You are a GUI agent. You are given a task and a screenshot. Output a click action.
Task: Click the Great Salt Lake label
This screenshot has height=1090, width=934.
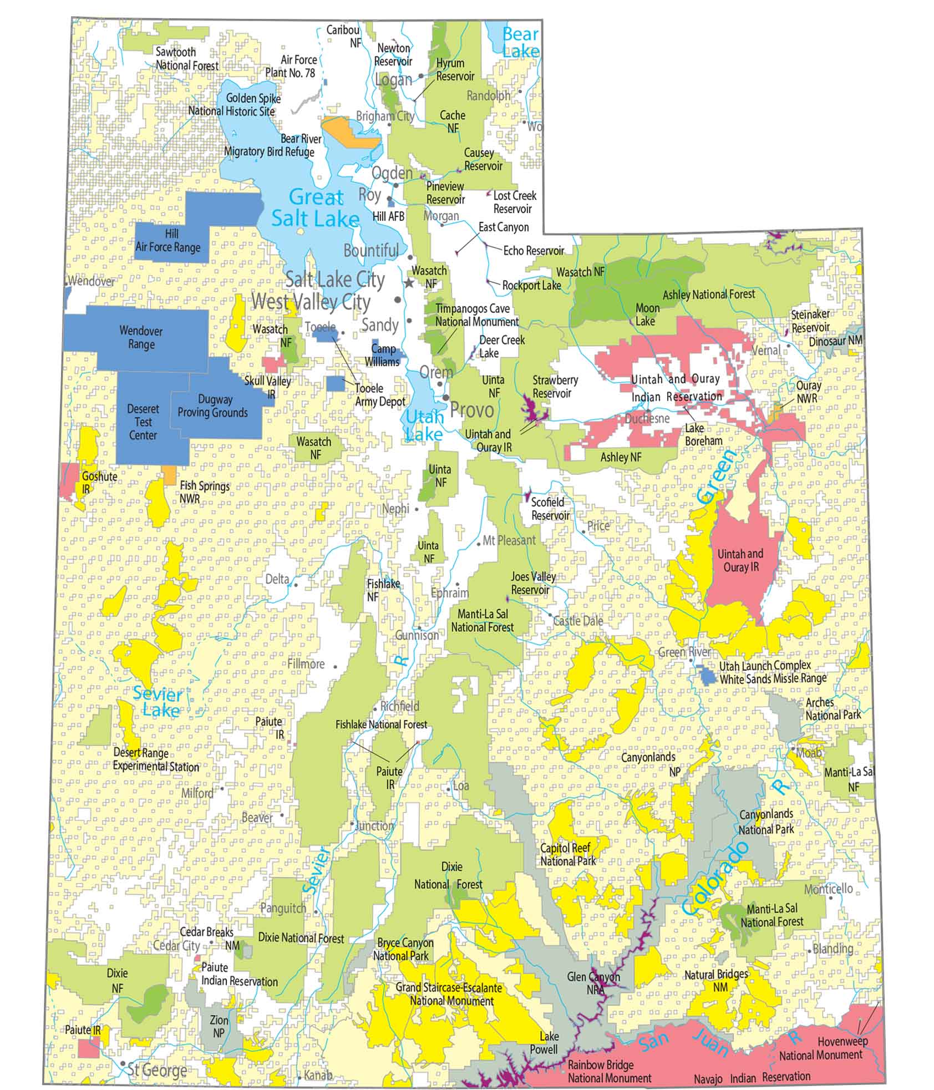316,208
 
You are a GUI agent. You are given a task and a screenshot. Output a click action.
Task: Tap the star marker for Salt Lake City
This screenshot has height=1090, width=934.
409,283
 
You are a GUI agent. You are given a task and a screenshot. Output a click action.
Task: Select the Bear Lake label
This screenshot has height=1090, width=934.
521,42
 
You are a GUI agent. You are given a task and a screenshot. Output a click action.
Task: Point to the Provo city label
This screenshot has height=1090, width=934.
471,410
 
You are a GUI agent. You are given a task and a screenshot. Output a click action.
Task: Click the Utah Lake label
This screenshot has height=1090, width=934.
424,424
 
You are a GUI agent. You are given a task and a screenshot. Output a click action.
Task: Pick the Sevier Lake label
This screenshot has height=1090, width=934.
158,702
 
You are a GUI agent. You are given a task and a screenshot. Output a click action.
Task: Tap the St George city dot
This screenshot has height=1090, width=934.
123,1063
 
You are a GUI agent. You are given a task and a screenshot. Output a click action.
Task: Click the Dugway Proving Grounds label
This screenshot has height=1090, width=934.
212,406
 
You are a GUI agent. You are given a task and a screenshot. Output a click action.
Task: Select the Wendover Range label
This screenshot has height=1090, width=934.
141,337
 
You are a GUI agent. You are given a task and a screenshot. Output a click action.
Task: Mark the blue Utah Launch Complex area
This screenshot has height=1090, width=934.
707,675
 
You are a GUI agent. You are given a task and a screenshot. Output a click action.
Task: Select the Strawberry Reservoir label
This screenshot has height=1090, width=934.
555,387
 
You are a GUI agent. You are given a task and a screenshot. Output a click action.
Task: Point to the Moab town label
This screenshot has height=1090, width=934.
809,753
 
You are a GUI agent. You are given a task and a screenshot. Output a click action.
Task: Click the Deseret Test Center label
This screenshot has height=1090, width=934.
143,422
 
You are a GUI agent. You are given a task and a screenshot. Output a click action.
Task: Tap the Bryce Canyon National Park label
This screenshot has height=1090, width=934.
405,949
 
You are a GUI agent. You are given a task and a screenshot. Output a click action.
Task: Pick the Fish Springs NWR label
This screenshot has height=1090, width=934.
205,492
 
